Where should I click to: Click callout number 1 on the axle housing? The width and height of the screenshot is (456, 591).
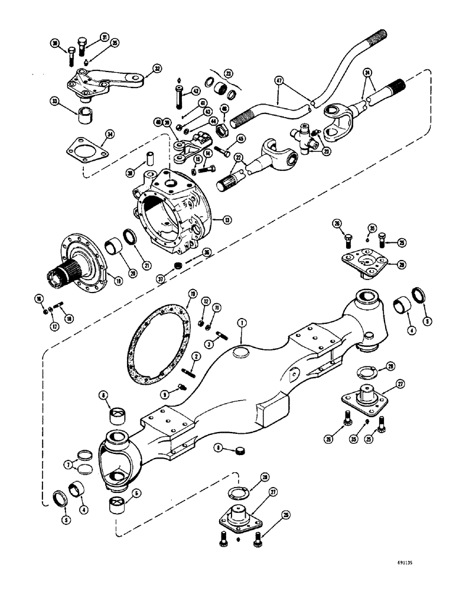coord(242,323)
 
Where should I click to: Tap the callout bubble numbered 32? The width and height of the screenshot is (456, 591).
coord(157,69)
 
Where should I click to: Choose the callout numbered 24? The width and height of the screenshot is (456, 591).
coord(369,73)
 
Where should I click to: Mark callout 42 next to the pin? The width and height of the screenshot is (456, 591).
coord(195,92)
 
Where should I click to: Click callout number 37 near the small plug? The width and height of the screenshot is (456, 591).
coord(177,270)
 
